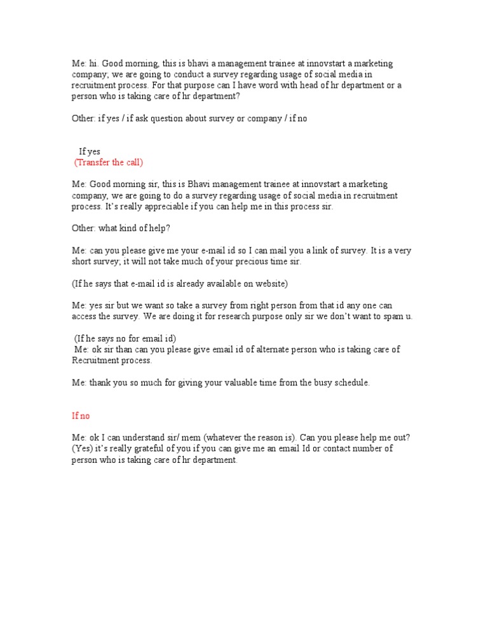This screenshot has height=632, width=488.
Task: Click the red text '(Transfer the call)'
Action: (x=109, y=162)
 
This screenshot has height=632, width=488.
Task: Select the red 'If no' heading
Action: (x=81, y=416)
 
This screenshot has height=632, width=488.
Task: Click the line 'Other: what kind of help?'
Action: (x=121, y=229)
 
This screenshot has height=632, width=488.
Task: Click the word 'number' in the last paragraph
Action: (x=370, y=449)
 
